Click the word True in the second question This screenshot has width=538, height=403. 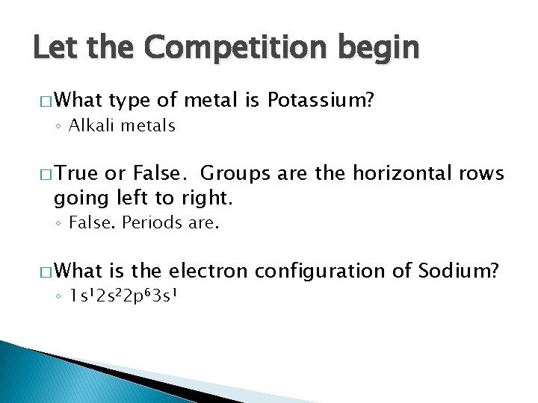[x=78, y=174]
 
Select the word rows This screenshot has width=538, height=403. [x=479, y=174]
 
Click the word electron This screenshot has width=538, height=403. [x=207, y=272]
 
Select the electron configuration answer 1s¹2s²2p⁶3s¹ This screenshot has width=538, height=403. [x=123, y=296]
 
